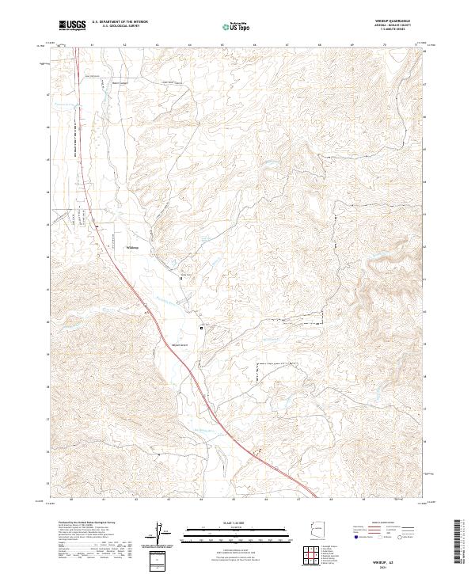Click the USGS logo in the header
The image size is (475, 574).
tap(73, 25)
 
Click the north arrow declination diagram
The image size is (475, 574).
tap(161, 535)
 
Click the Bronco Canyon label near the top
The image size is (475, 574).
tap(119, 82)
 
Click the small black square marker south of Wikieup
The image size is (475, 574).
tap(201, 326)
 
